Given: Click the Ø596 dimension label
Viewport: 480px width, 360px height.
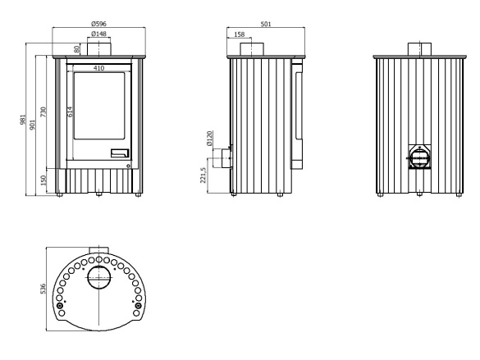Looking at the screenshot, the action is (x=99, y=24).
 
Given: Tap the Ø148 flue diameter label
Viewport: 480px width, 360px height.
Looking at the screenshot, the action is (x=99, y=34).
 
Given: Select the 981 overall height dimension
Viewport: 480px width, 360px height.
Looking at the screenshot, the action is (x=23, y=119).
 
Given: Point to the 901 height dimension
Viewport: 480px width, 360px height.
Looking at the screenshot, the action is (x=33, y=125).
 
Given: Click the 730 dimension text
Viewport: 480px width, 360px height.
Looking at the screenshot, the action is (x=43, y=112).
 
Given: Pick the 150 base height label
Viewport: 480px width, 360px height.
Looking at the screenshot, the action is (x=43, y=180).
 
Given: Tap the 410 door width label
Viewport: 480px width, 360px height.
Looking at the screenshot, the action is (x=98, y=68).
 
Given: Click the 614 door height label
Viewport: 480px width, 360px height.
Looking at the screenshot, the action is (x=70, y=112).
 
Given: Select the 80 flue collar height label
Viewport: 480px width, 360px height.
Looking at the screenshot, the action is (x=77, y=48).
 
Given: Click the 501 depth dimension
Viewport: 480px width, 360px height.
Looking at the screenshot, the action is (x=266, y=24).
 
